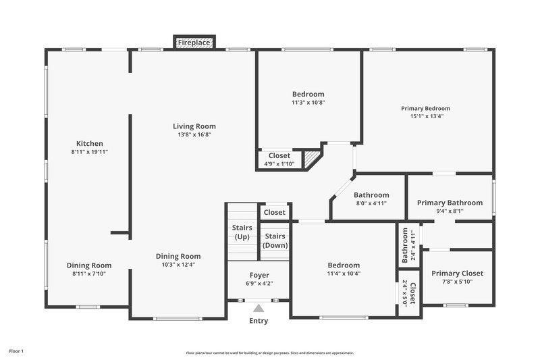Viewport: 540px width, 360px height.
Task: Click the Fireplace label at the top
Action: tap(194, 43)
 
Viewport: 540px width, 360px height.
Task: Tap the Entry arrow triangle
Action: tap(259, 308)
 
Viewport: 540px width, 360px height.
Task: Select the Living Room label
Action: tap(194, 126)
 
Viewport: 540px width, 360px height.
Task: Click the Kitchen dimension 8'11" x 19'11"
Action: tap(89, 152)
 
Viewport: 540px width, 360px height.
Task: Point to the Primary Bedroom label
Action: tap(425, 108)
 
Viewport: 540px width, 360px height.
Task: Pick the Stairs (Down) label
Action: tap(275, 240)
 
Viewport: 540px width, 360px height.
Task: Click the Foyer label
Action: tap(259, 276)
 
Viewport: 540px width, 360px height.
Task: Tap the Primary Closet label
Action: tap(457, 274)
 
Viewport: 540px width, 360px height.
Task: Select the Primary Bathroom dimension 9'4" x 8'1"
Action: tap(450, 211)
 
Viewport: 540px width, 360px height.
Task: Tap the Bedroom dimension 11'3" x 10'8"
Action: tap(308, 103)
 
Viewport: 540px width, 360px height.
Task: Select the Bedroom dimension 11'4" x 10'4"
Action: tap(344, 274)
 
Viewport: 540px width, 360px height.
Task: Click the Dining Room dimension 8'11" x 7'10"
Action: tap(89, 274)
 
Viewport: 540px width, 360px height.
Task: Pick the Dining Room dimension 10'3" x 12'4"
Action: tap(178, 265)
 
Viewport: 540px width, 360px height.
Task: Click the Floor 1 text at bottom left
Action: tap(16, 351)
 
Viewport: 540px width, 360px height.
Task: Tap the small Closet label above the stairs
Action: tap(275, 212)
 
